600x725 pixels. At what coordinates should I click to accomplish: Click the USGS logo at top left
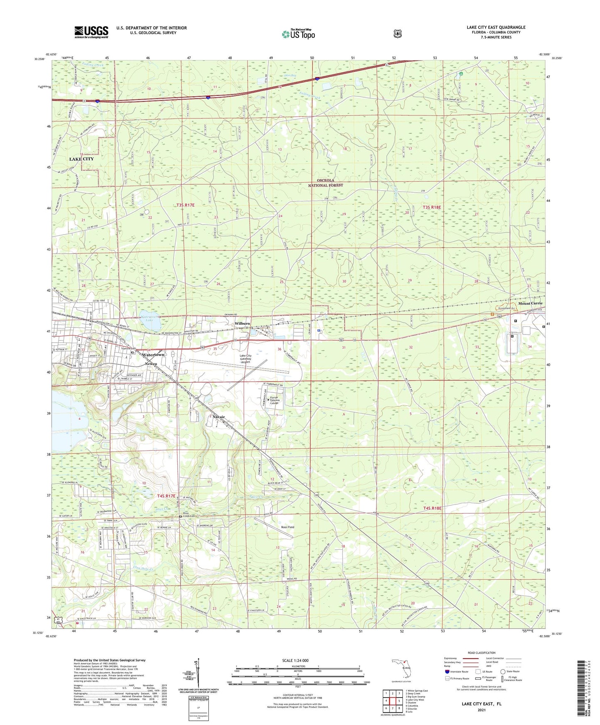91,32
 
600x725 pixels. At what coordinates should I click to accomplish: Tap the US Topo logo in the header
298,34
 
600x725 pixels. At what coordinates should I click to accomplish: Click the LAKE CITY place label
81,159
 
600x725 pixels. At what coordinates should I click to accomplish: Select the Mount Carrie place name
530,303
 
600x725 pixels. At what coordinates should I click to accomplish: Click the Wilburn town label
242,323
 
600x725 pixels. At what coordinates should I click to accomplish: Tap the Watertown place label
153,355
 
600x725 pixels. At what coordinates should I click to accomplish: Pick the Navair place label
219,416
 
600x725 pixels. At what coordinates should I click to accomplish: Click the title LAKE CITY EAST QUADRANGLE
496,27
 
